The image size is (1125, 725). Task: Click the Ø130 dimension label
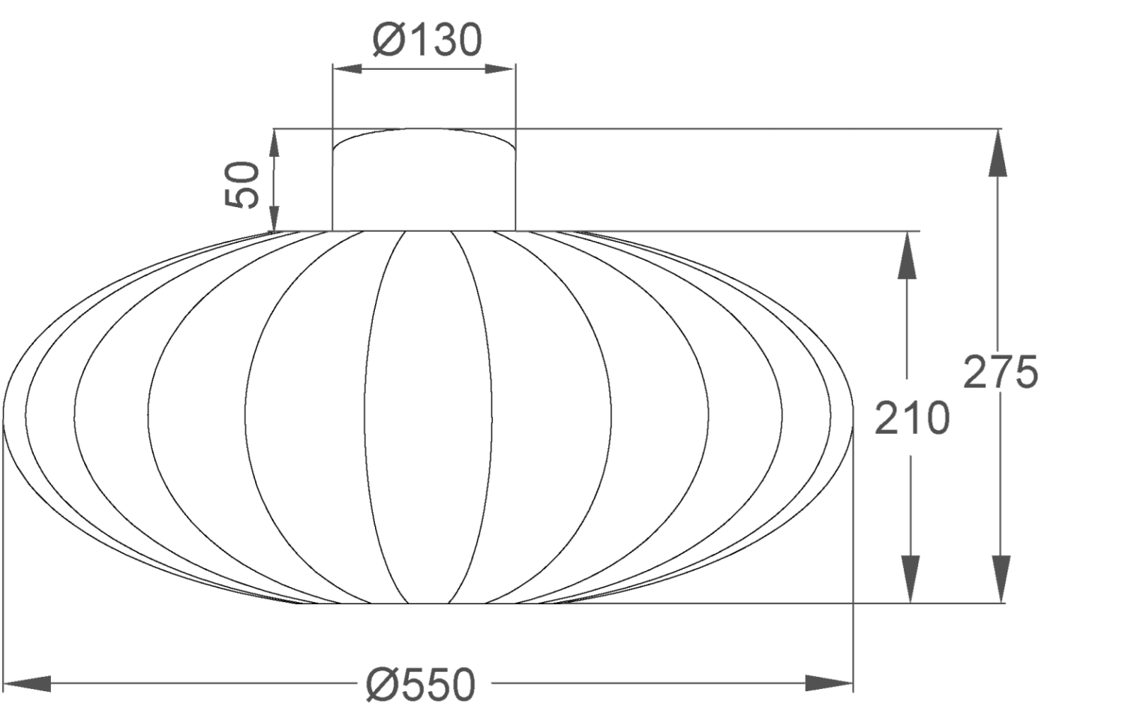pos(427,41)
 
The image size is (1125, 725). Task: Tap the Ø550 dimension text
pos(421,684)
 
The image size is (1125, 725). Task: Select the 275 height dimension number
pos(1000,372)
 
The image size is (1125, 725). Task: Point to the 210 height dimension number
pos(912,418)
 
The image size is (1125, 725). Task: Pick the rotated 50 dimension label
pos(241,185)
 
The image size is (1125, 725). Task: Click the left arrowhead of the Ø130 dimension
pos(347,69)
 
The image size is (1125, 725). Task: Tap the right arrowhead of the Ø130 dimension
pos(500,69)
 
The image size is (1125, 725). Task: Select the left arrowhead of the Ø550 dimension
pos(27,684)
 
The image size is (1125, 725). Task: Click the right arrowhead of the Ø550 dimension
pos(829,683)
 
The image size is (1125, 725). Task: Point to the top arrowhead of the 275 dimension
pos(998,153)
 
